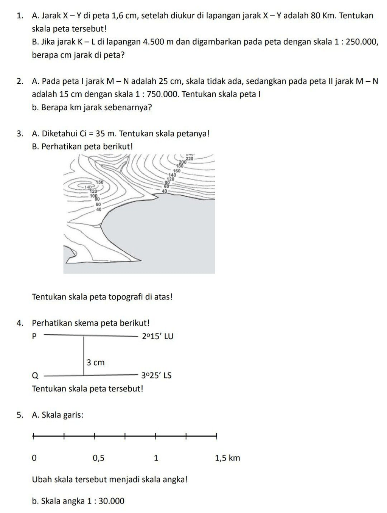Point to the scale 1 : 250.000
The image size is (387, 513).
(x=356, y=42)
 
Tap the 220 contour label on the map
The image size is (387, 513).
(x=189, y=159)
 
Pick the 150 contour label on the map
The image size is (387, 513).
(x=99, y=182)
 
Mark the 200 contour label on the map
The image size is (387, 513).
(x=183, y=162)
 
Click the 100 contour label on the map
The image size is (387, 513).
(x=93, y=195)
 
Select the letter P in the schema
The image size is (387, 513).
(x=34, y=336)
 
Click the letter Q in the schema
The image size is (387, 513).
(x=35, y=376)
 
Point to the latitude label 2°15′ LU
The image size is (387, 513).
(x=157, y=336)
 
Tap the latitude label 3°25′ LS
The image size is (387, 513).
(x=157, y=376)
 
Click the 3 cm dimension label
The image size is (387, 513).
(x=95, y=363)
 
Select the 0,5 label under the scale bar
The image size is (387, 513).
(x=98, y=458)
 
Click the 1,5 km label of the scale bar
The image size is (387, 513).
(x=227, y=458)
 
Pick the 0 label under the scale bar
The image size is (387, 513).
(x=34, y=458)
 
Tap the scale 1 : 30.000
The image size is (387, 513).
(x=106, y=501)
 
